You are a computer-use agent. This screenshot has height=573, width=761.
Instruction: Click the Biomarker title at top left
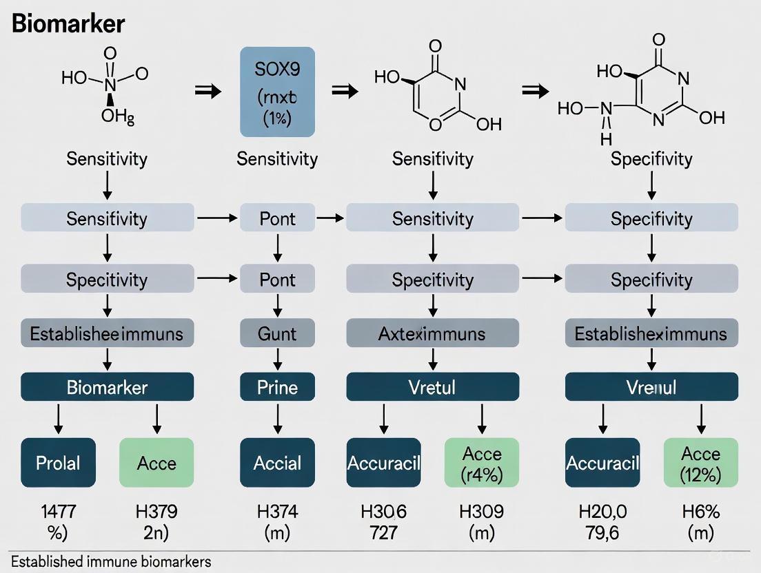click(x=68, y=24)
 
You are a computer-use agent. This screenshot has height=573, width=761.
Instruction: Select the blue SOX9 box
click(x=277, y=92)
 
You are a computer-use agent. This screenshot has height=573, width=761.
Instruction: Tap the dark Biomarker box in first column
click(x=107, y=387)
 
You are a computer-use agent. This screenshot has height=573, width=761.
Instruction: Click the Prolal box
click(x=59, y=463)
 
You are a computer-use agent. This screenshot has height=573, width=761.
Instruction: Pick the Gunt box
click(x=277, y=334)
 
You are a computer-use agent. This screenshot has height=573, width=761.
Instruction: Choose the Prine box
click(x=277, y=387)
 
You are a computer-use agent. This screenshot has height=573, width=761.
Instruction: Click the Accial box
click(x=277, y=463)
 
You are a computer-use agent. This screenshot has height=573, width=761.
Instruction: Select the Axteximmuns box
click(x=432, y=334)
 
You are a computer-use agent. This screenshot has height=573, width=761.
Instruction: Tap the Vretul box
click(x=432, y=387)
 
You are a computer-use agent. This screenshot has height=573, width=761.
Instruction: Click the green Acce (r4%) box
click(x=482, y=463)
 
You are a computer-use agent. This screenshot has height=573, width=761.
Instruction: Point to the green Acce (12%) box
click(x=700, y=463)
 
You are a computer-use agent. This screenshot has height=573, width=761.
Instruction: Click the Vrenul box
click(x=651, y=387)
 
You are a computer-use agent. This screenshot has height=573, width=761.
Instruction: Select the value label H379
click(x=156, y=512)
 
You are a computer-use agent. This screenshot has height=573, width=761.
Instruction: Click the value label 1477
click(x=59, y=512)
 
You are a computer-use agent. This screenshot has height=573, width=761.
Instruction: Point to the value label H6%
click(x=700, y=512)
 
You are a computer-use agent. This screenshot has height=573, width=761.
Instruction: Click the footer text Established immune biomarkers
click(x=111, y=561)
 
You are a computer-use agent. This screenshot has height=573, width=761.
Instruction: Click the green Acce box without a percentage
click(x=156, y=463)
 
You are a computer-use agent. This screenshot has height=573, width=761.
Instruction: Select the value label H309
click(x=482, y=512)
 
